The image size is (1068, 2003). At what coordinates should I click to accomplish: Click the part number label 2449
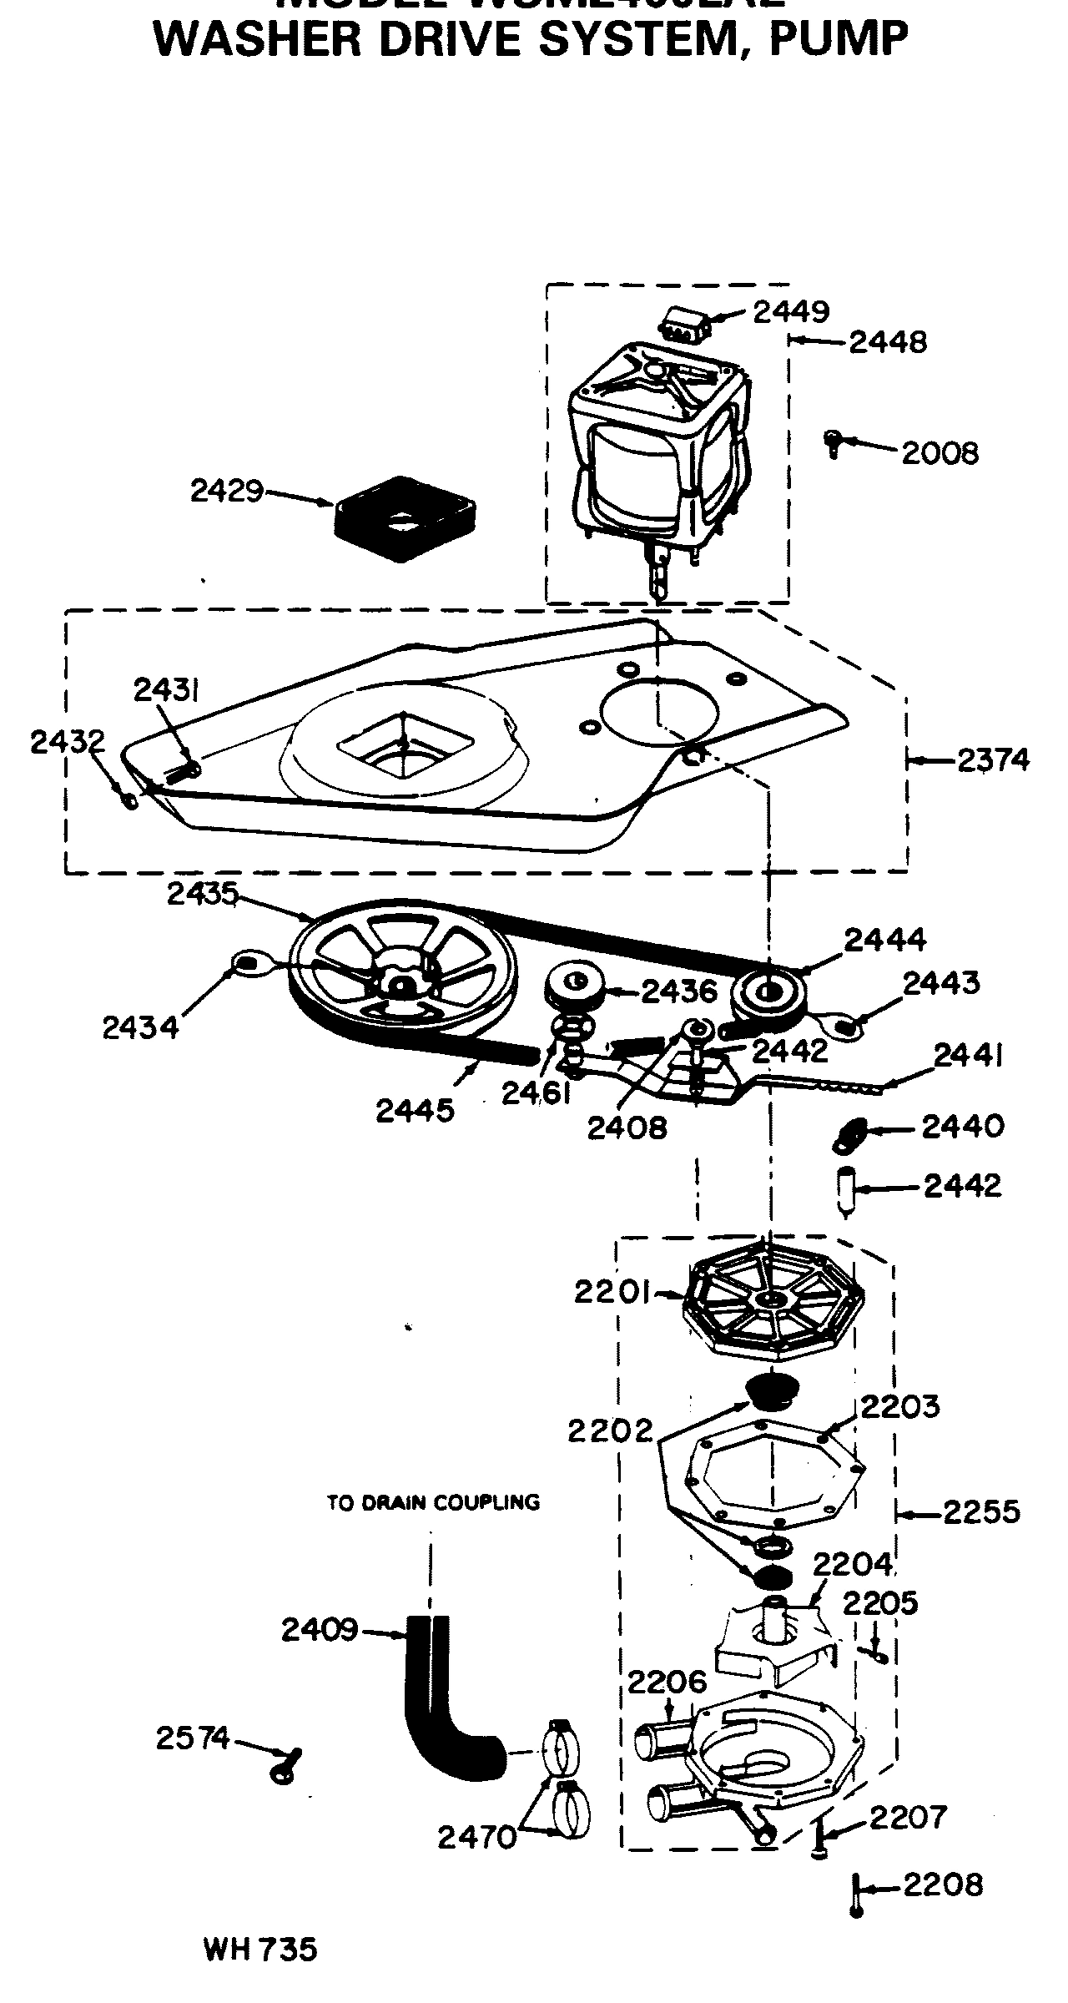tap(790, 311)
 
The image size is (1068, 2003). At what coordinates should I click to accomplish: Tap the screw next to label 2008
tap(832, 442)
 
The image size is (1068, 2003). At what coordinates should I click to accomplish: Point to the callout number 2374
tap(993, 760)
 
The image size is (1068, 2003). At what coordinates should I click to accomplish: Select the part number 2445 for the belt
tap(415, 1110)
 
